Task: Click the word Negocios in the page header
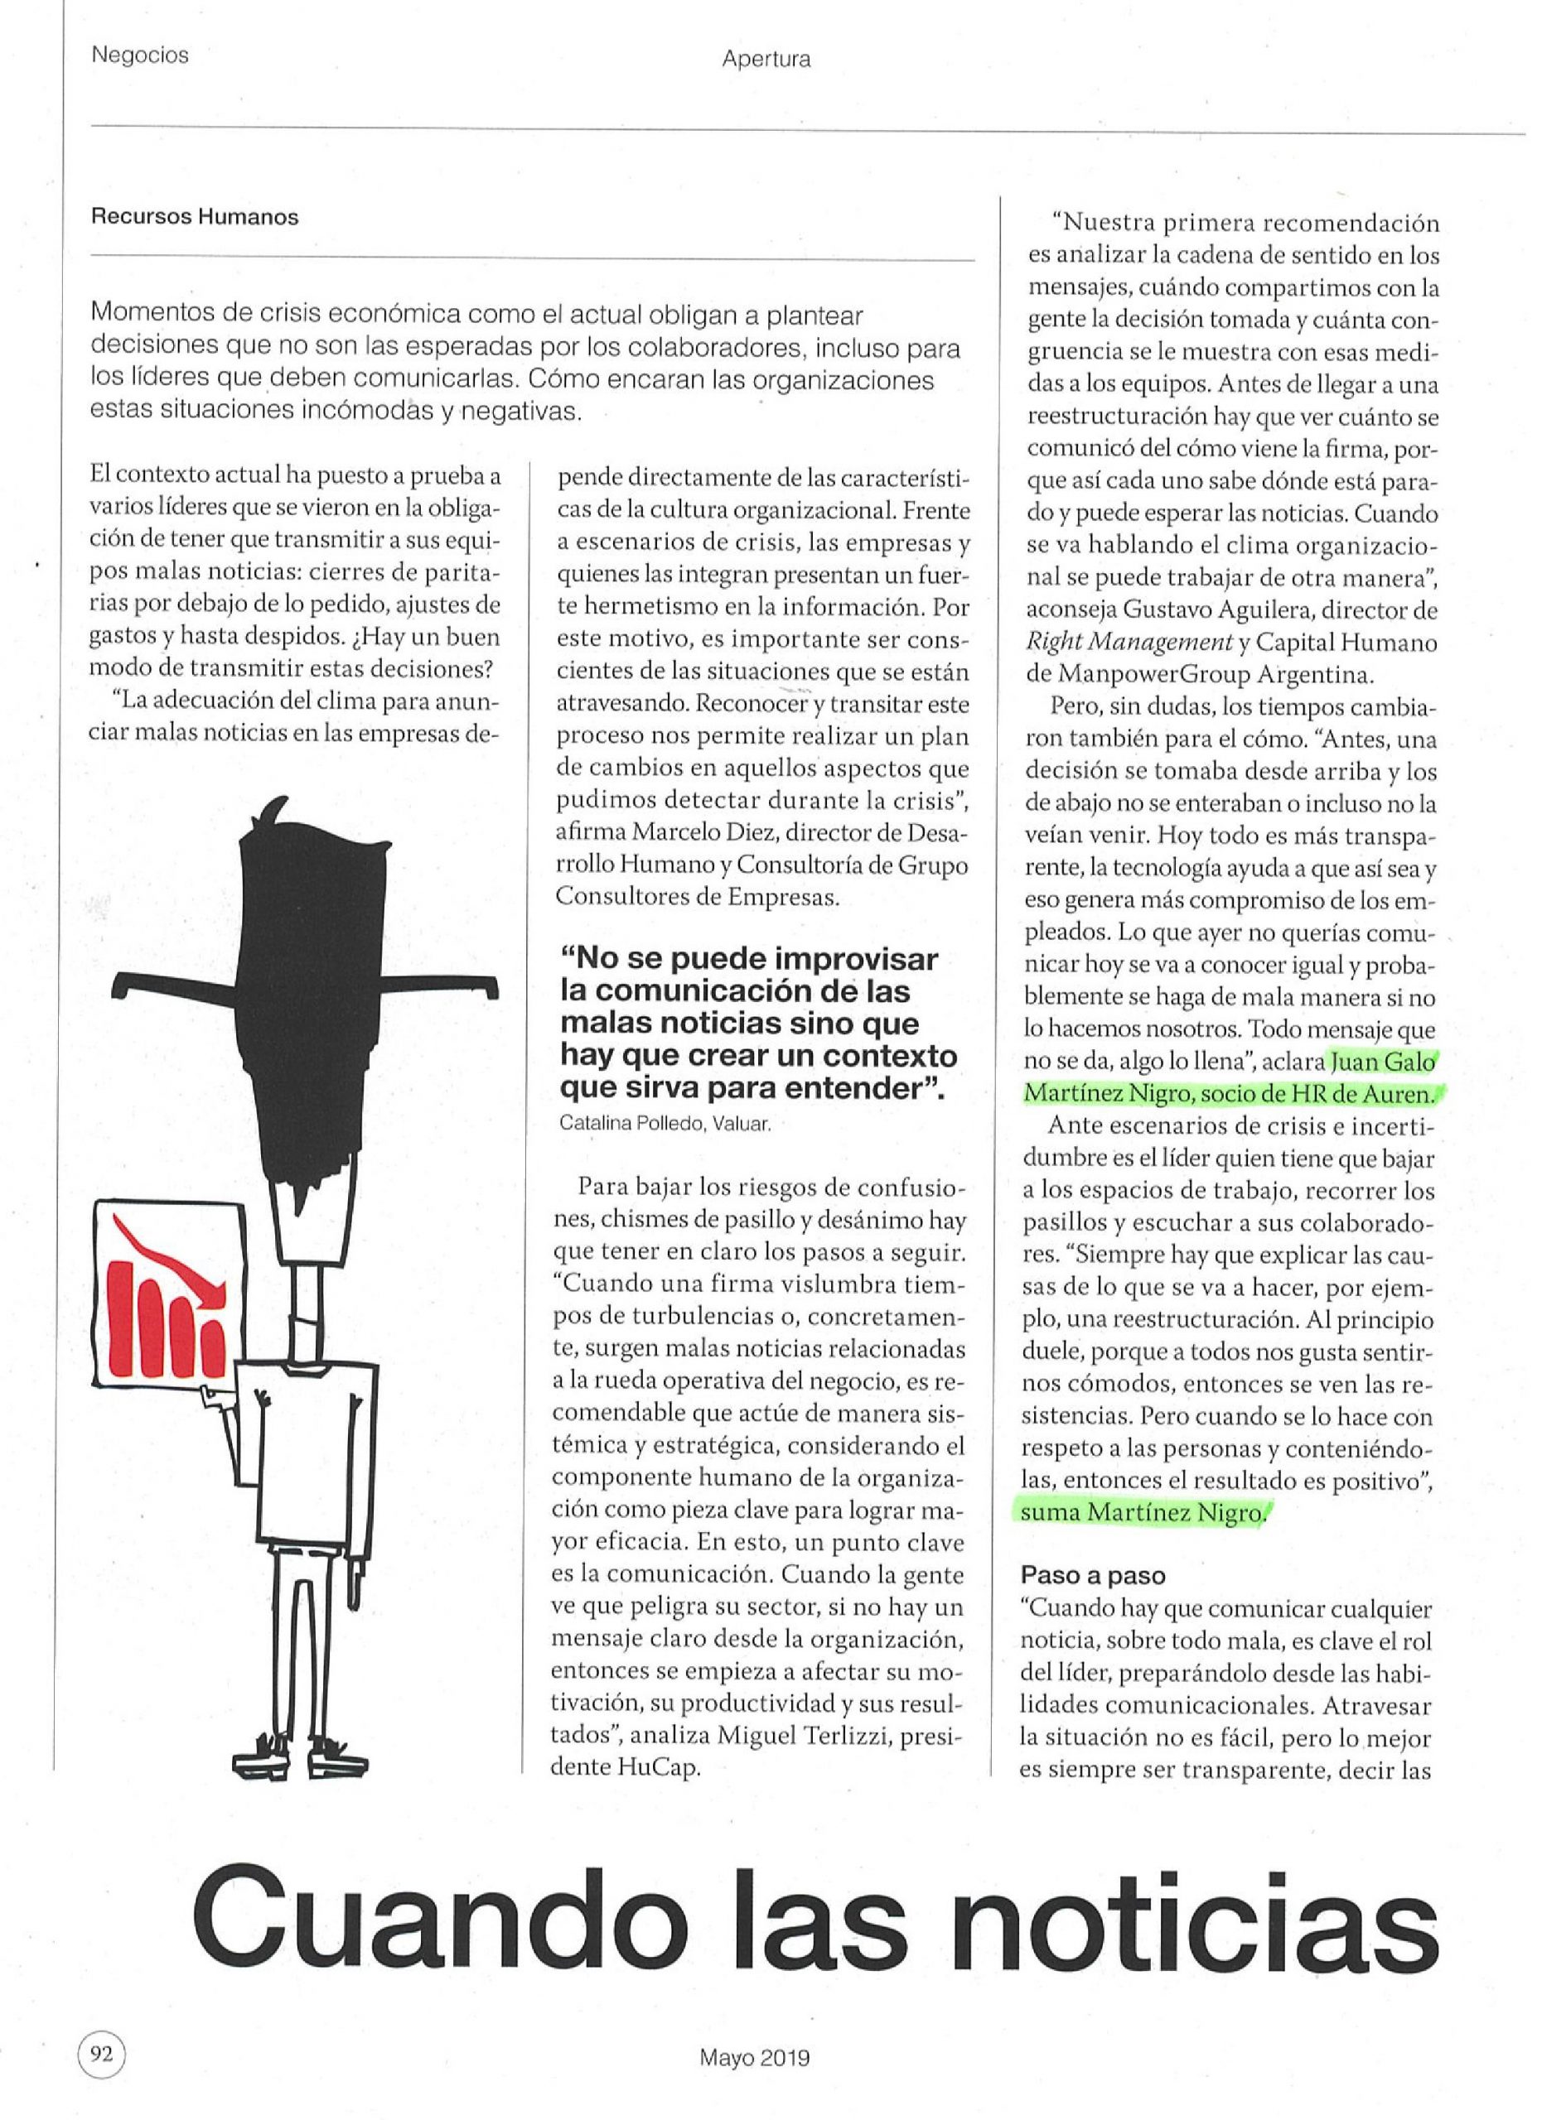coord(140,55)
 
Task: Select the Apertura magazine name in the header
coord(766,60)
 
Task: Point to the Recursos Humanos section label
coord(195,217)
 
